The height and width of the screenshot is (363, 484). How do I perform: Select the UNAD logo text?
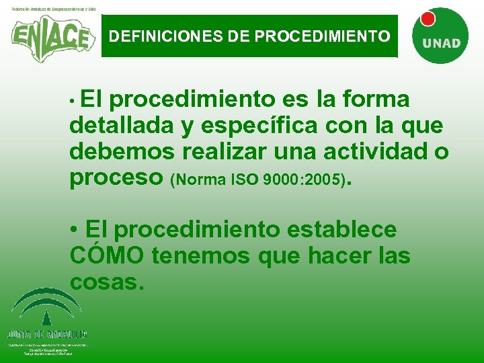click(441, 43)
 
